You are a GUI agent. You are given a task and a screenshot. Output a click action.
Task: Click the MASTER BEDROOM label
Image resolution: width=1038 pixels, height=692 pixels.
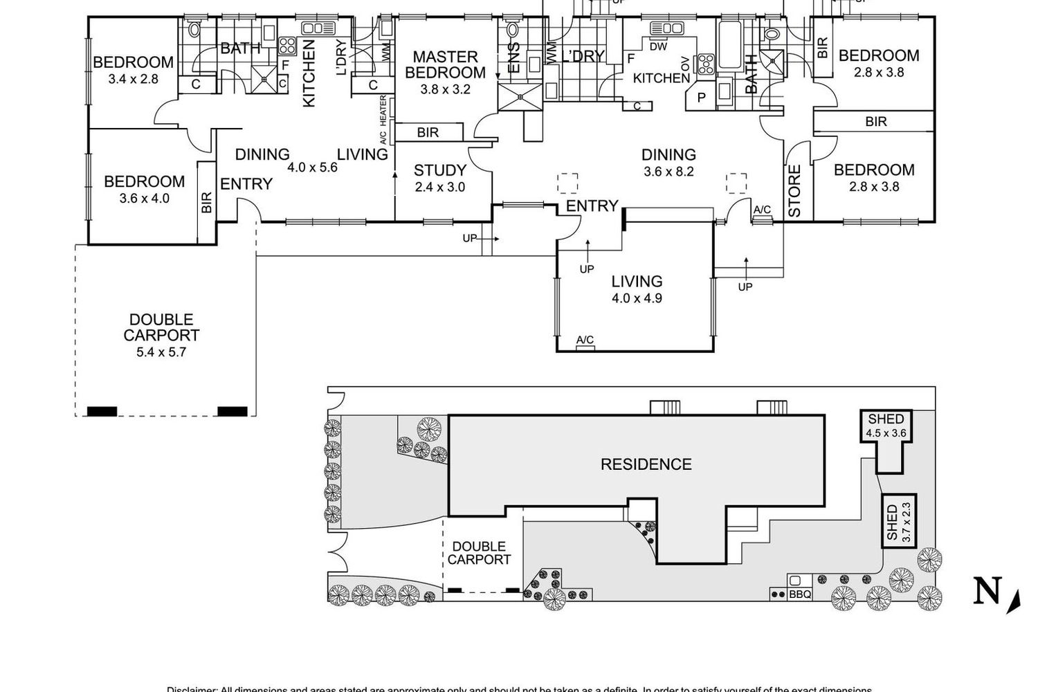(445, 64)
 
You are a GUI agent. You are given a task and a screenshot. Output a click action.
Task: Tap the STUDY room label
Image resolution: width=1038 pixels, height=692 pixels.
(439, 170)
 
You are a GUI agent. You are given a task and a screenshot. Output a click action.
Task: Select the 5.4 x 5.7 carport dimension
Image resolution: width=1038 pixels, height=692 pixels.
(161, 352)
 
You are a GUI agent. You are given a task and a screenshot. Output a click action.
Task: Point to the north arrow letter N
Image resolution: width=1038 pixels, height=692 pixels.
(987, 592)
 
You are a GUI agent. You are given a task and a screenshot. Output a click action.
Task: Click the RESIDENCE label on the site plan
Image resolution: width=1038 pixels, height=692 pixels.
(646, 464)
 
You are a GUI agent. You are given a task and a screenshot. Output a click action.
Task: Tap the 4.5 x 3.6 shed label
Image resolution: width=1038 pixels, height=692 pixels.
(886, 434)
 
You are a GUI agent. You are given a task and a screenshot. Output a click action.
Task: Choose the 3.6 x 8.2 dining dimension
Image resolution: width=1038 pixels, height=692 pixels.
(668, 172)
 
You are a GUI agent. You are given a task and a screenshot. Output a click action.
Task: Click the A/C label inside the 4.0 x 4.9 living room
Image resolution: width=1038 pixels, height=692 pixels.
(585, 340)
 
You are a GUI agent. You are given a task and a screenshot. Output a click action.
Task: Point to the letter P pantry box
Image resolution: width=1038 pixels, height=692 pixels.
(701, 98)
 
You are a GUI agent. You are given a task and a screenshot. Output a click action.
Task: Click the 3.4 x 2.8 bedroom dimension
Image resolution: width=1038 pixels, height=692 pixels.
(133, 79)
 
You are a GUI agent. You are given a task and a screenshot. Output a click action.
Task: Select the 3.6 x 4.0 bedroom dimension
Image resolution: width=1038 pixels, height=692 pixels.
(144, 199)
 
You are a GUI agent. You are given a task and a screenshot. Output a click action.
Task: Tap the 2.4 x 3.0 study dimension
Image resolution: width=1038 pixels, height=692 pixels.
(439, 187)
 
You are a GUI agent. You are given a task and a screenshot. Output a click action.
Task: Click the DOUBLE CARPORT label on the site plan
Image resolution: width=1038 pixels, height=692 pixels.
(479, 553)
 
